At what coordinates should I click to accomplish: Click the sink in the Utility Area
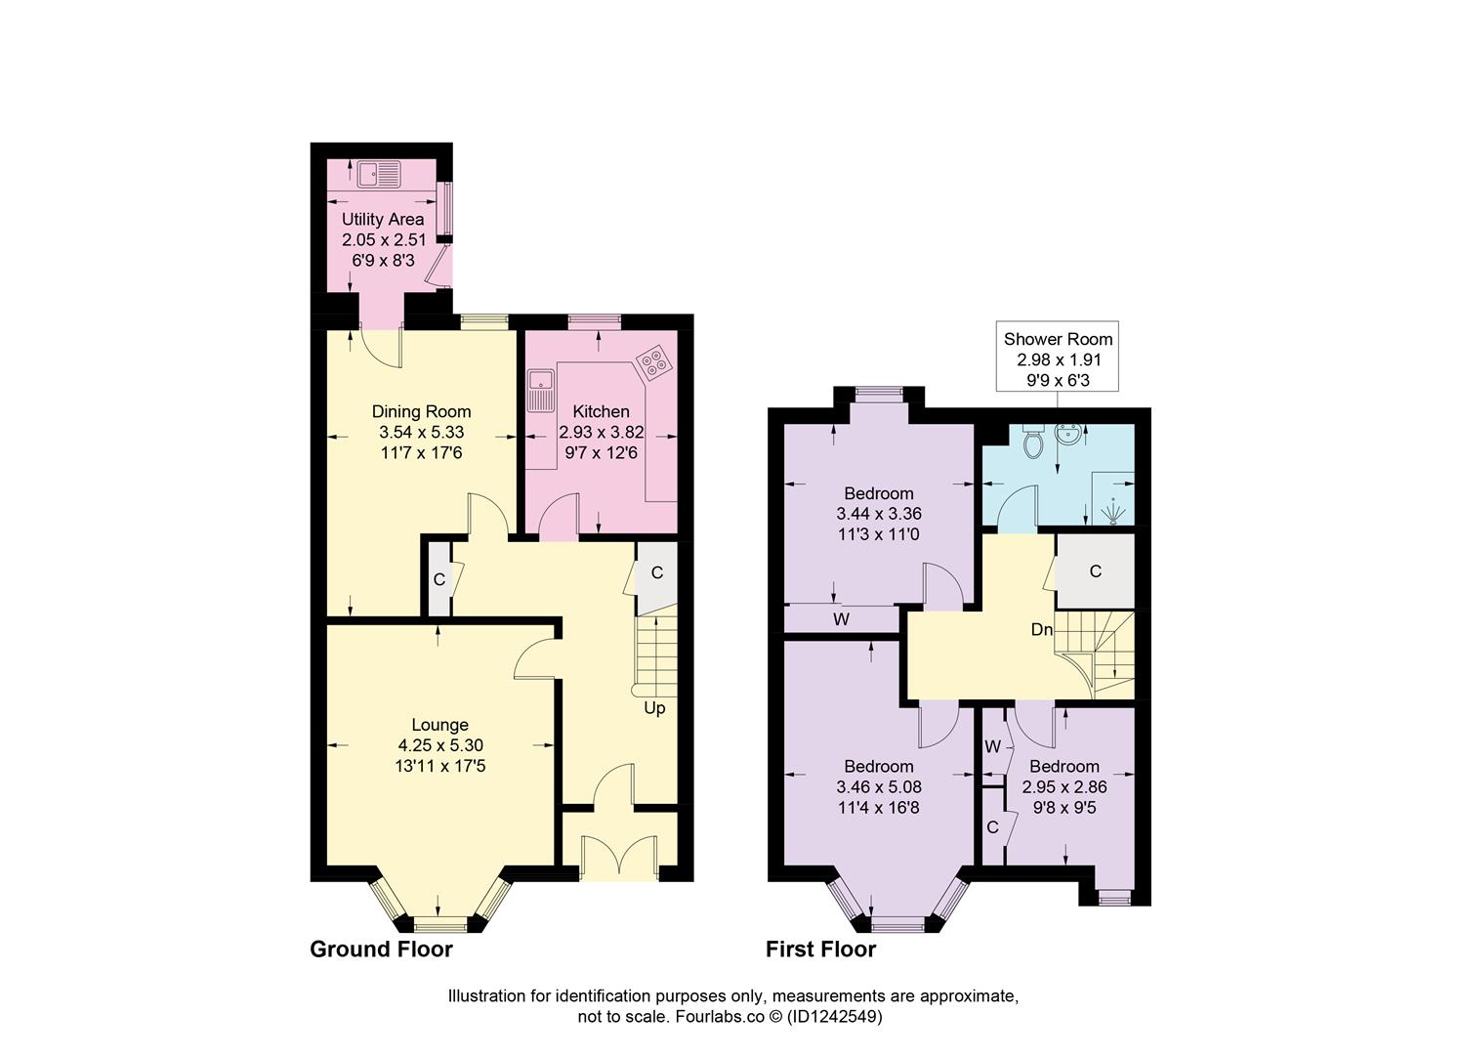(x=379, y=175)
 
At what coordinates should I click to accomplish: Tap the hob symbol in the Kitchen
(x=653, y=362)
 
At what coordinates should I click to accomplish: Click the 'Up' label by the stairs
(x=654, y=707)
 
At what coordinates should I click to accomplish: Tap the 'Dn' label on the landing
(x=1042, y=630)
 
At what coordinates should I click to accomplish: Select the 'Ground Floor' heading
(x=381, y=949)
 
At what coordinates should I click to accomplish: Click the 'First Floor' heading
(x=820, y=949)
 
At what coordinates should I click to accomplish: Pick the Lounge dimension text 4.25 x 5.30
(x=439, y=745)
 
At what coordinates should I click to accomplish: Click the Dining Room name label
(x=421, y=411)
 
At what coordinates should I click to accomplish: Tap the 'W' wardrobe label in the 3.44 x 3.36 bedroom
(x=841, y=619)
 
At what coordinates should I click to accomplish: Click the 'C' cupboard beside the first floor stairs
(x=1095, y=571)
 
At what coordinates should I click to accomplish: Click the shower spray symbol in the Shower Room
(x=1113, y=511)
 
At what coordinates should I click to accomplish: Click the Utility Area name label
(x=383, y=219)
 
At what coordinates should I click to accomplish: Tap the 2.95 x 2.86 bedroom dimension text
(x=1064, y=786)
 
